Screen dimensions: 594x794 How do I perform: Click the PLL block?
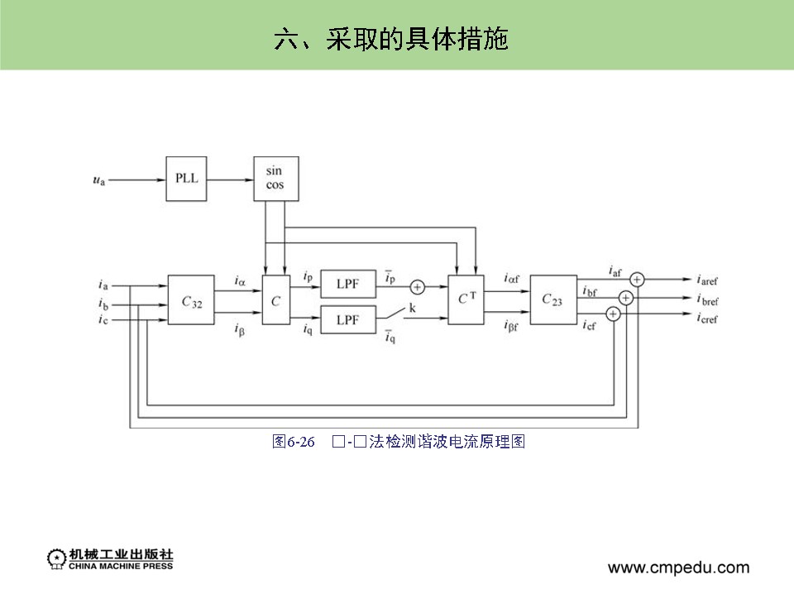coord(187,178)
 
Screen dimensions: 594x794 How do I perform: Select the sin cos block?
coord(275,178)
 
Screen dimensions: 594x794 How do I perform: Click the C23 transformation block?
coord(552,299)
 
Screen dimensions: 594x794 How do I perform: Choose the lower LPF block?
coord(347,319)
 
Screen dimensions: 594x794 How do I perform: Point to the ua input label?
coord(98,178)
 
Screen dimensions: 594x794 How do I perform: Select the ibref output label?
coord(707,299)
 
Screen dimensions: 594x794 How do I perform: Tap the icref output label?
coord(707,319)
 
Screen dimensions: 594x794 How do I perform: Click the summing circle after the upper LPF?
coord(418,287)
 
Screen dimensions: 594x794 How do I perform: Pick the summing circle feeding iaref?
coord(638,280)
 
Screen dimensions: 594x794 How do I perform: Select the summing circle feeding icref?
coord(613,314)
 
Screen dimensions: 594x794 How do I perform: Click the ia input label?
coord(103,285)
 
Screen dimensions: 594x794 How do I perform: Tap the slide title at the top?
coord(390,39)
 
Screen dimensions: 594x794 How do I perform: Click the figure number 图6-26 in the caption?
coord(294,442)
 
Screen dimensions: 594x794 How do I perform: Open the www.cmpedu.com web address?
coord(678,568)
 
